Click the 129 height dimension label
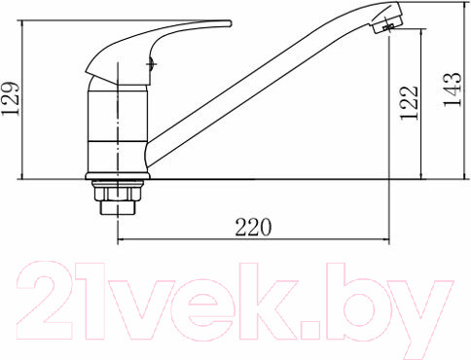tap(11, 98)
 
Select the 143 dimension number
tap(452, 90)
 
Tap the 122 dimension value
tap(409, 103)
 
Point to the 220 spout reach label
tap(253, 227)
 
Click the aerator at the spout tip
tap(388, 23)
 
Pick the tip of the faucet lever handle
tap(230, 23)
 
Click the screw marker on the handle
tap(151, 64)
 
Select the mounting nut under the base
tap(118, 192)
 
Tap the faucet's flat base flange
tap(118, 176)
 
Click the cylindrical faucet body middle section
tap(118, 116)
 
